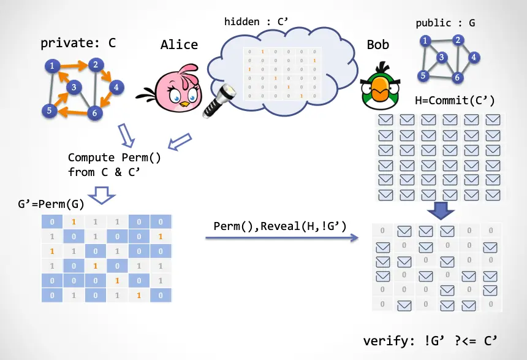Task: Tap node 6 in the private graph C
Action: point(93,112)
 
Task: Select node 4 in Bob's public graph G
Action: point(474,57)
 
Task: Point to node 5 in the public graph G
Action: point(423,75)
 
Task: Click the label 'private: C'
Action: point(78,44)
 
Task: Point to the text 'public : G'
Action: point(445,23)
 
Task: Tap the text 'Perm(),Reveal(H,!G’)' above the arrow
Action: point(280,226)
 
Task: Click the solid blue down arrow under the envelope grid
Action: point(440,210)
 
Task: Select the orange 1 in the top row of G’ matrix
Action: point(73,221)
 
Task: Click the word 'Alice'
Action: point(179,45)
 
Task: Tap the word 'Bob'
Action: point(377,45)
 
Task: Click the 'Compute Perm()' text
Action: point(114,158)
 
